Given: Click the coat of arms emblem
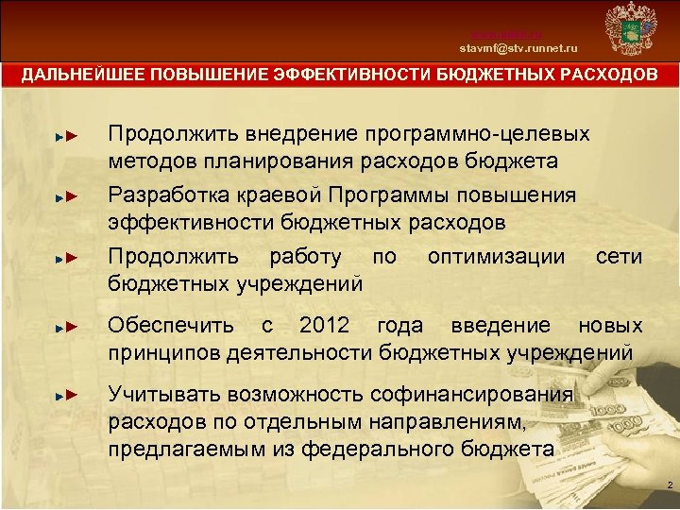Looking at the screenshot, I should pos(629,30).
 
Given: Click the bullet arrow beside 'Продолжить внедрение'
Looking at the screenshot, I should pos(64,137).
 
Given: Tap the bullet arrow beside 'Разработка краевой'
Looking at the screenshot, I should pos(64,198).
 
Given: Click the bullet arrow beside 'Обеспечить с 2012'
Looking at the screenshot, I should pos(64,329).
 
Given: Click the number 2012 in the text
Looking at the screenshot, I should pos(324,326).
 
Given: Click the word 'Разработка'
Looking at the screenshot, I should pos(166,195).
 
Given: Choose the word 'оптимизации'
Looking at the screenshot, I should pos(497,257).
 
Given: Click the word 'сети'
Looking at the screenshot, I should pos(619,257).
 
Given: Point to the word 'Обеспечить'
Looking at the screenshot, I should pos(171,326).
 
